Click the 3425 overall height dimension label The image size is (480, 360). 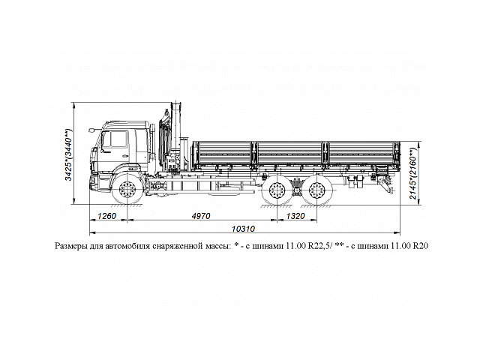click(x=69, y=154)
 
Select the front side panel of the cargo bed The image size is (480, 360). click(x=223, y=153)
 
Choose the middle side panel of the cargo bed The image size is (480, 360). click(x=290, y=153)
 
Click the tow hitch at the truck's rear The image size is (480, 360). click(x=390, y=184)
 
